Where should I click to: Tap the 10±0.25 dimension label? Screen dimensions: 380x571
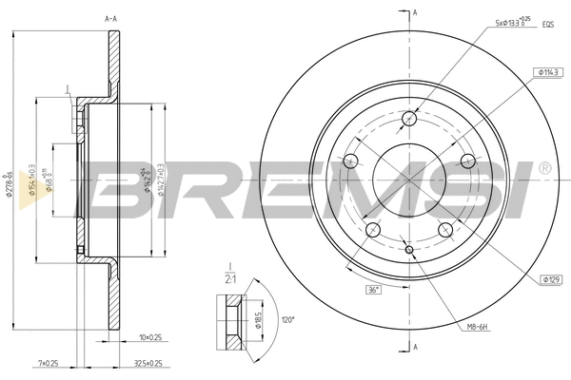pyautogui.click(x=150, y=336)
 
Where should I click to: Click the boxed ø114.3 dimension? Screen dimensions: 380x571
pyautogui.click(x=546, y=72)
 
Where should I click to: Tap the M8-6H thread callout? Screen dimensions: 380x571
pyautogui.click(x=476, y=329)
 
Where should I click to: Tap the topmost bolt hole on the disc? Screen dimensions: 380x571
pyautogui.click(x=409, y=119)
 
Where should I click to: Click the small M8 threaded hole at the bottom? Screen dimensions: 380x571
pyautogui.click(x=409, y=250)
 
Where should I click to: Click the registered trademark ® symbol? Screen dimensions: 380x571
pyautogui.click(x=543, y=168)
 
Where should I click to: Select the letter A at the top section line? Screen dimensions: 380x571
pyautogui.click(x=415, y=11)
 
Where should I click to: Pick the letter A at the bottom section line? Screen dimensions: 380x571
pyautogui.click(x=415, y=350)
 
